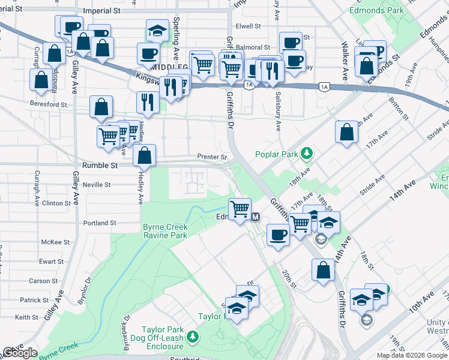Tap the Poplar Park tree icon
tap(307, 154)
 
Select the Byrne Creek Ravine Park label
tap(165, 231)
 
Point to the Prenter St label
tap(212, 157)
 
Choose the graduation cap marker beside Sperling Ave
tap(157, 31)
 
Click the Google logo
tap(20, 353)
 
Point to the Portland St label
tap(100, 223)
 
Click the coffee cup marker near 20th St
tap(277, 235)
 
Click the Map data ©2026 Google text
tap(411, 355)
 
